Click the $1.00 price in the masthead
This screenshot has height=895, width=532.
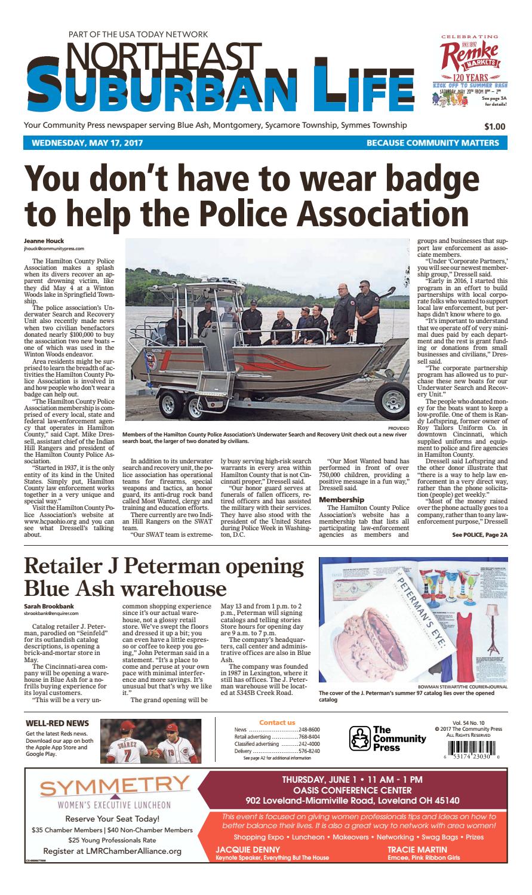tap(494, 127)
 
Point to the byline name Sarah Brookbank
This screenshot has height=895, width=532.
tap(49, 607)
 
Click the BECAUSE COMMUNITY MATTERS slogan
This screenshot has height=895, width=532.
tap(432, 143)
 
